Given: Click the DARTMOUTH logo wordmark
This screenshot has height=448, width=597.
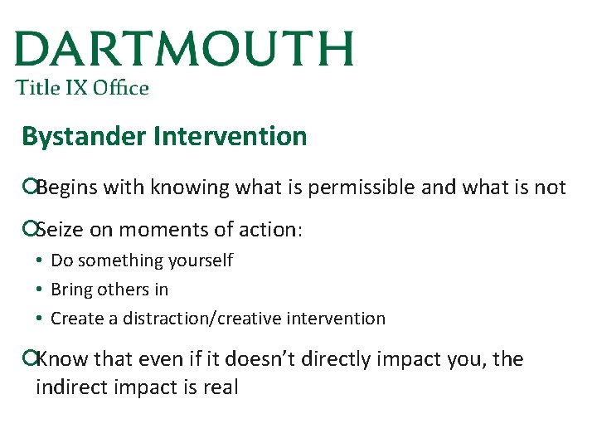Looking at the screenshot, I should click(x=184, y=50).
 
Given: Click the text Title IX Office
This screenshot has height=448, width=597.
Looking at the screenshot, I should click(x=82, y=88).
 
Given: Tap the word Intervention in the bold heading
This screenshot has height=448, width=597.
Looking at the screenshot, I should click(x=230, y=136).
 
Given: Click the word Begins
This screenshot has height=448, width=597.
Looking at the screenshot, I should click(x=66, y=187).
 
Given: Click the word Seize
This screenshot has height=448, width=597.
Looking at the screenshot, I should click(x=59, y=230).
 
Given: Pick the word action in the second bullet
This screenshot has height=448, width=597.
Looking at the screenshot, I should click(x=269, y=230).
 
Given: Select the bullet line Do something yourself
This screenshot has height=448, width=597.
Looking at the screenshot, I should click(x=142, y=261).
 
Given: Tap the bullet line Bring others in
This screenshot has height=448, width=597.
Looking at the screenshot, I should click(x=109, y=290).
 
